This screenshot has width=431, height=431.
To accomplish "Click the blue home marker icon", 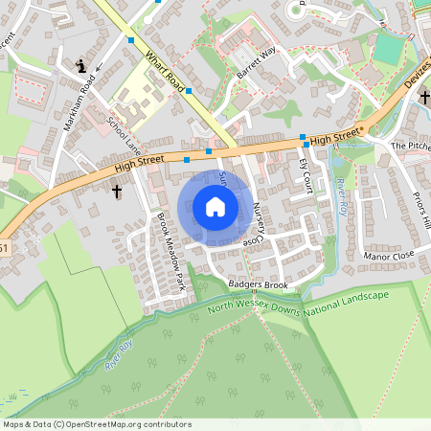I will point(215,207).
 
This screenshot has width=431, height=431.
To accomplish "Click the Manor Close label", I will point(388,257).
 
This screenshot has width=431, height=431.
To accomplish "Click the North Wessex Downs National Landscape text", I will point(299,305).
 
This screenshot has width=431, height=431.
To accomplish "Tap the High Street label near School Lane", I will point(134,167).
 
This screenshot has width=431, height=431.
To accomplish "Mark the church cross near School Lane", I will point(117,193).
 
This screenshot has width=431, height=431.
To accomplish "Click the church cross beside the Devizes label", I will point(422,98).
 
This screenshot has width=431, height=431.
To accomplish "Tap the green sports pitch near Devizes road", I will point(389,49).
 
